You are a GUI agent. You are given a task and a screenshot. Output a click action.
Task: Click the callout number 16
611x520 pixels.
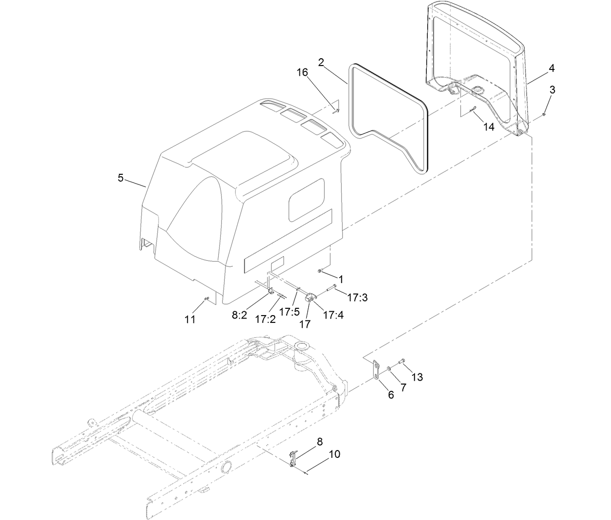[x=302, y=72]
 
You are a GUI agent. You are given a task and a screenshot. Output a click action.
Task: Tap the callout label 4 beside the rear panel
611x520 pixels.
[x=551, y=68]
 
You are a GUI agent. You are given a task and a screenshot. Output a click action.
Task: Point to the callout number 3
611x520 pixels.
[x=553, y=90]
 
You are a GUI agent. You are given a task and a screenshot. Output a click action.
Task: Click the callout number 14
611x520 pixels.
[x=489, y=127]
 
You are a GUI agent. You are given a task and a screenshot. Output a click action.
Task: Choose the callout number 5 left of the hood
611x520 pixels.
[x=121, y=178]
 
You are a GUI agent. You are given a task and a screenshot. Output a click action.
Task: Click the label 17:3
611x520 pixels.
[x=357, y=297]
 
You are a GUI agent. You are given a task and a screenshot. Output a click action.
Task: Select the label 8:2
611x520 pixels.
[x=240, y=315]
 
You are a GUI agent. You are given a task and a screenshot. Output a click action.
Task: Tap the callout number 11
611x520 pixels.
[x=190, y=319]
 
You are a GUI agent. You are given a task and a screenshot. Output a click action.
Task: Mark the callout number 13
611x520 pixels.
[x=417, y=377]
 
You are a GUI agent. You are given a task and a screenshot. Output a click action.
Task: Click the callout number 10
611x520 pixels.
[x=334, y=454]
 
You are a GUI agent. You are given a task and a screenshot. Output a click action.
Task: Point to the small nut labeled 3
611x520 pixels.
[x=544, y=115]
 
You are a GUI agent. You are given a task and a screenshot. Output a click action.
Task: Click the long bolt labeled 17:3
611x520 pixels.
[x=328, y=289]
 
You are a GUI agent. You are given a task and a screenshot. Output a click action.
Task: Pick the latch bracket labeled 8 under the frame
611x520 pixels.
[x=292, y=458]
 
